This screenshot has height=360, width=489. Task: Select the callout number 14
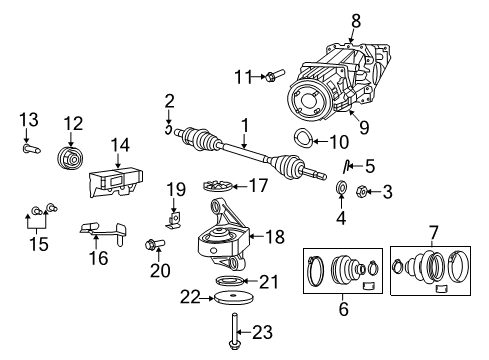(x=121, y=145)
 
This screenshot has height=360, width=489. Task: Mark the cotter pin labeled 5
(x=345, y=166)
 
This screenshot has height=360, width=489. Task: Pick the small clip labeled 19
(x=174, y=213)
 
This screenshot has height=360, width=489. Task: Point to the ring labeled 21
(x=232, y=280)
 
